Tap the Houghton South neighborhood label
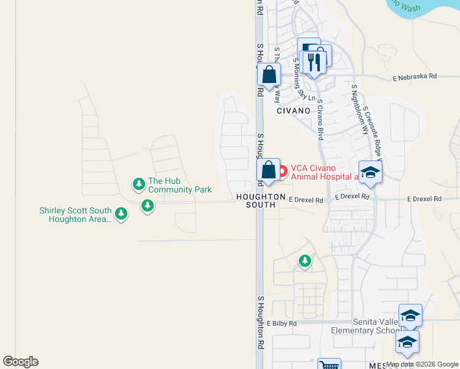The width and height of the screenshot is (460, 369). [260, 200]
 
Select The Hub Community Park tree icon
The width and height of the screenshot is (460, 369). [139, 183]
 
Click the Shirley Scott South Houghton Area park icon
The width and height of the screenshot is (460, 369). [122, 213]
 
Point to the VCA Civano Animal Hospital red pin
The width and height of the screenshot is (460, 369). [283, 171]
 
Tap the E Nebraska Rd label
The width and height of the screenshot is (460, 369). [414, 77]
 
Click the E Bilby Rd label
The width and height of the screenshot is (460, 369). [282, 323]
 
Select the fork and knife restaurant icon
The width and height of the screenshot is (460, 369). [314, 61]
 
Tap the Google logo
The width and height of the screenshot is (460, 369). [20, 362]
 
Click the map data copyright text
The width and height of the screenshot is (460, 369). [422, 364]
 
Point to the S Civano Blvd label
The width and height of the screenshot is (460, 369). [320, 119]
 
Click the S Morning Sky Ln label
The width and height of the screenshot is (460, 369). [304, 79]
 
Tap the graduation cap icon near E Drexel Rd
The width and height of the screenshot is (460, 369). [370, 172]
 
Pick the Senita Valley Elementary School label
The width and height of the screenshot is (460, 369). [367, 326]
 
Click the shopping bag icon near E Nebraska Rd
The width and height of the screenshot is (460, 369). [269, 76]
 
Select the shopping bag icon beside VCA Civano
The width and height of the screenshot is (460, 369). [269, 169]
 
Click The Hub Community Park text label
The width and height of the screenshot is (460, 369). [180, 185]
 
